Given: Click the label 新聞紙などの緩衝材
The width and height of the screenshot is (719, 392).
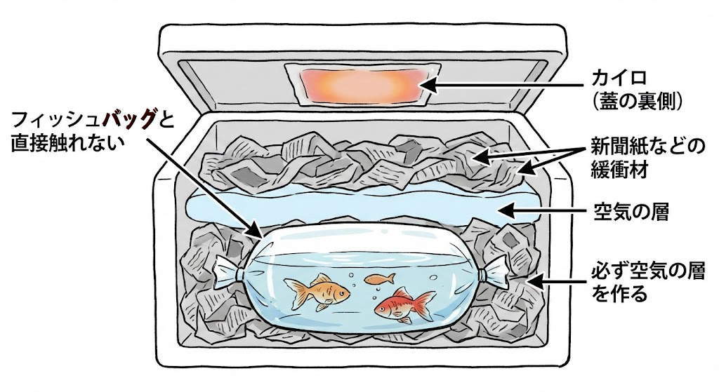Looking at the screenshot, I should (x=645, y=158).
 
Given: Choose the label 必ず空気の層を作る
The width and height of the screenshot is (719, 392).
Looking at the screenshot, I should (x=645, y=281).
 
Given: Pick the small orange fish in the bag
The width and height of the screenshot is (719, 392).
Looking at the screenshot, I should (x=379, y=279).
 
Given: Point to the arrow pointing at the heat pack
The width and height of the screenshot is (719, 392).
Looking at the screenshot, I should (x=506, y=86).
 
